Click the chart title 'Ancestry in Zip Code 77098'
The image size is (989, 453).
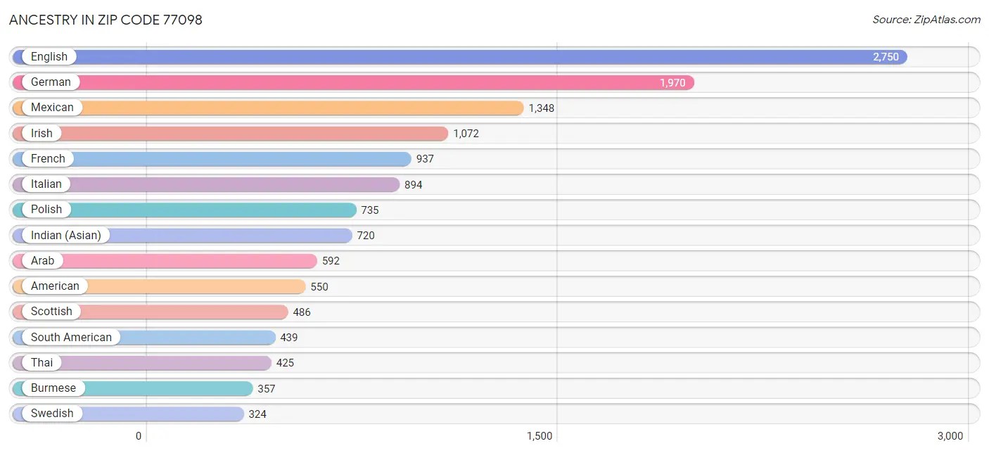click(106, 20)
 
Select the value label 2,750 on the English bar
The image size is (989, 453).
click(886, 57)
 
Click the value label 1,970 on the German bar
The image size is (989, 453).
click(672, 82)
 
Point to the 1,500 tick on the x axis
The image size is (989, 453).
click(540, 436)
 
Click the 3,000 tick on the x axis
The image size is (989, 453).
click(950, 436)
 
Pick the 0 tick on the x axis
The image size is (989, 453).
click(139, 436)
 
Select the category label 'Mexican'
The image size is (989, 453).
click(52, 108)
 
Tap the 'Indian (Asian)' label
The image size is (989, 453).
click(65, 235)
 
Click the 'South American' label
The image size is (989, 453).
click(71, 337)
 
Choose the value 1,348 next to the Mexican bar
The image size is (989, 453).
click(542, 108)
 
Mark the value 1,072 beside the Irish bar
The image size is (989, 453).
click(466, 133)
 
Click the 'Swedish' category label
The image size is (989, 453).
click(52, 414)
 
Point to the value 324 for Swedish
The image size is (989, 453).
click(257, 414)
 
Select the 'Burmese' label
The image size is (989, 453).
click(53, 388)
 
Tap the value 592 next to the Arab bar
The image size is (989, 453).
click(331, 261)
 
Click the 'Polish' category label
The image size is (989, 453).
click(46, 210)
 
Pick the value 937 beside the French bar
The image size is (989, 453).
click(425, 159)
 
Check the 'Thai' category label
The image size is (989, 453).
click(42, 363)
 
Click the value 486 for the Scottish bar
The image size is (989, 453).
click(302, 312)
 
